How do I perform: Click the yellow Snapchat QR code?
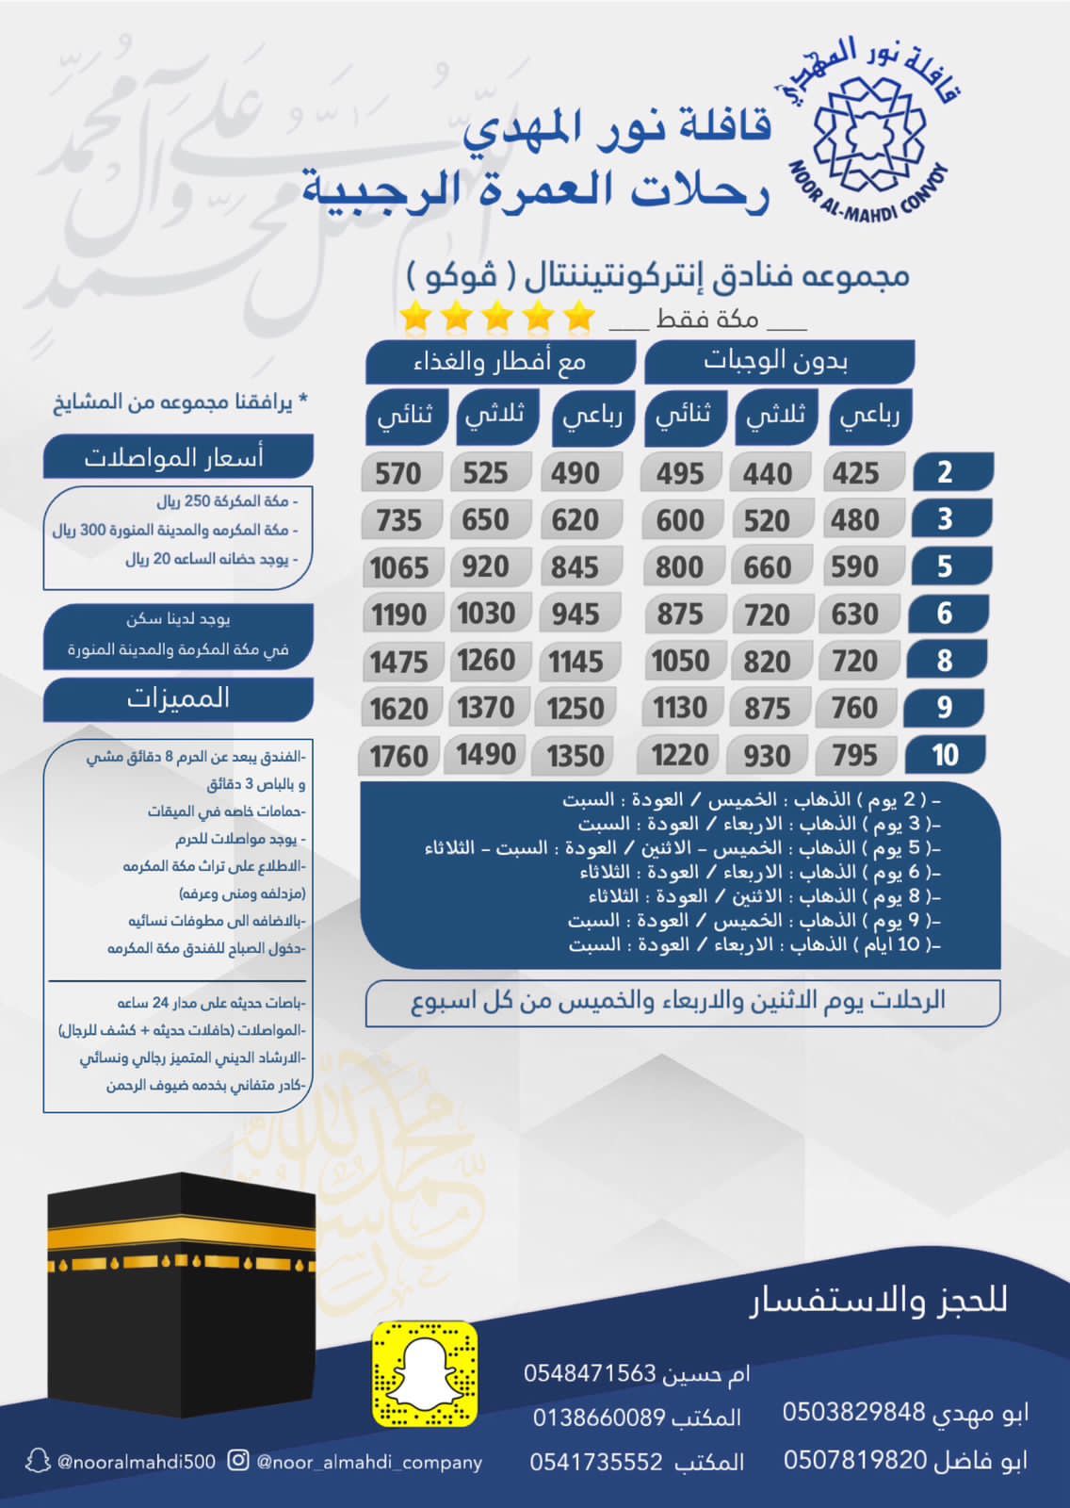[424, 1372]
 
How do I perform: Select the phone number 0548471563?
[590, 1373]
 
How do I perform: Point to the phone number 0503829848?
[854, 1411]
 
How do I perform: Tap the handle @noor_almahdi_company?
[368, 1462]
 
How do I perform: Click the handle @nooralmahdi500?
[136, 1462]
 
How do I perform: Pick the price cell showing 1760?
[399, 756]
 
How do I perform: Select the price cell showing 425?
[855, 473]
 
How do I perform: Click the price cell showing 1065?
[399, 567]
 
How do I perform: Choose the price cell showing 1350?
[575, 756]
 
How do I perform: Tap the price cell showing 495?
[679, 473]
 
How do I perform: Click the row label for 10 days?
[945, 755]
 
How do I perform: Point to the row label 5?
[945, 566]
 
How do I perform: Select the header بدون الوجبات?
[777, 361]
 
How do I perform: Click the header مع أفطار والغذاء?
[499, 362]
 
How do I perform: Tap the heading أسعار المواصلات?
[175, 457]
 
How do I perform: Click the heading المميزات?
[178, 698]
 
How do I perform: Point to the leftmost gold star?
[415, 318]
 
